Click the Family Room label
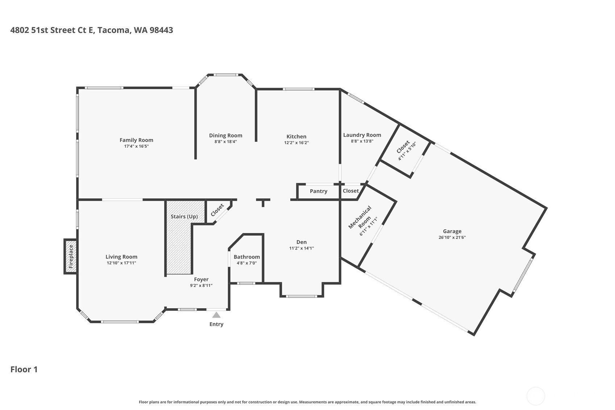(x=136, y=140)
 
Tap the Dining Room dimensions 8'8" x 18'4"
(x=225, y=142)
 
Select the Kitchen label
(x=296, y=136)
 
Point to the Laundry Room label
(x=362, y=135)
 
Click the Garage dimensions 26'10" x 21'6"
(x=452, y=237)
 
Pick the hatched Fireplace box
(x=71, y=256)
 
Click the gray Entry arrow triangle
(x=216, y=315)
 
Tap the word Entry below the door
(x=216, y=324)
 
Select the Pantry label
(x=318, y=191)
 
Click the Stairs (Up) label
(x=184, y=216)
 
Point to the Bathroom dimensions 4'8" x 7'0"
(x=246, y=263)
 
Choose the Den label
(x=301, y=242)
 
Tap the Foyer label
(x=201, y=279)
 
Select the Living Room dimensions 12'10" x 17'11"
(x=121, y=263)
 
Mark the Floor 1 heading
(x=24, y=369)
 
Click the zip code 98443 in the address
(x=161, y=30)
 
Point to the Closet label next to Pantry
(x=350, y=191)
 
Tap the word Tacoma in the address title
(x=113, y=30)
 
